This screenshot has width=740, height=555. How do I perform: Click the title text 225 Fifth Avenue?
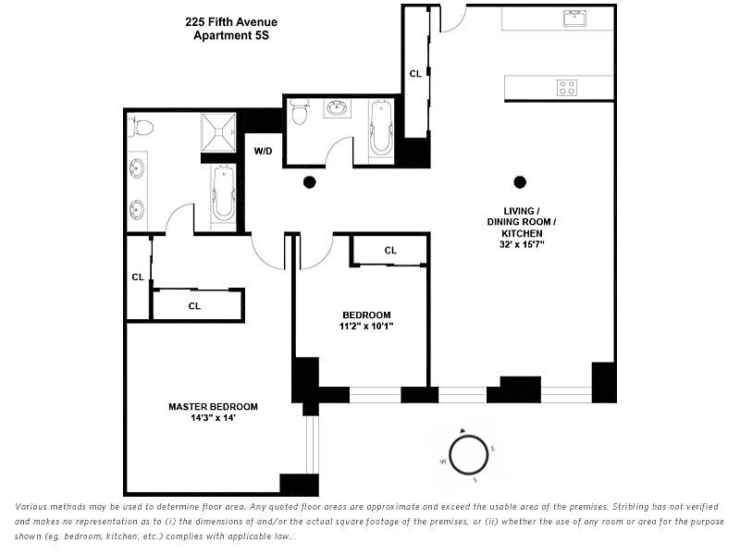tap(231, 22)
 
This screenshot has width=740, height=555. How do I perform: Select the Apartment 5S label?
tap(231, 36)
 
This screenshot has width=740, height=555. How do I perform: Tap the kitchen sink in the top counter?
tap(574, 18)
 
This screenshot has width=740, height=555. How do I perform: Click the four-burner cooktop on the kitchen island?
tap(566, 88)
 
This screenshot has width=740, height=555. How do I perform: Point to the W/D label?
tap(264, 151)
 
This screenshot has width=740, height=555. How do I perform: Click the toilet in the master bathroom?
tap(141, 127)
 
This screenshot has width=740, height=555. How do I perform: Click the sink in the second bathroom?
tap(337, 110)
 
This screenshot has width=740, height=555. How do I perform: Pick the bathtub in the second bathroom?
tap(381, 129)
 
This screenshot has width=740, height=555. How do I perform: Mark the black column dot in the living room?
tap(520, 181)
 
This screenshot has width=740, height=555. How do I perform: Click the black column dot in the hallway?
tap(310, 181)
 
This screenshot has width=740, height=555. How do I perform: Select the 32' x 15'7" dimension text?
tap(522, 246)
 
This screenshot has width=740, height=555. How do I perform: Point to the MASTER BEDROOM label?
tap(213, 406)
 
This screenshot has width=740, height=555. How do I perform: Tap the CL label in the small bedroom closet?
tap(390, 250)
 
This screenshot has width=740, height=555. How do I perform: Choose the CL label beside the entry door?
tap(415, 73)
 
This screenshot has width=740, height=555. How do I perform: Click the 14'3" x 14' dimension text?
tap(213, 418)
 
